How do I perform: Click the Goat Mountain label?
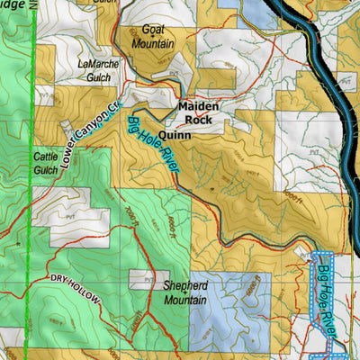tap(153, 37)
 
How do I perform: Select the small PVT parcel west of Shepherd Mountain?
tap(143, 279)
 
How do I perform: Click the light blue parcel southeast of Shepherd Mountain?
tap(225, 306)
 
